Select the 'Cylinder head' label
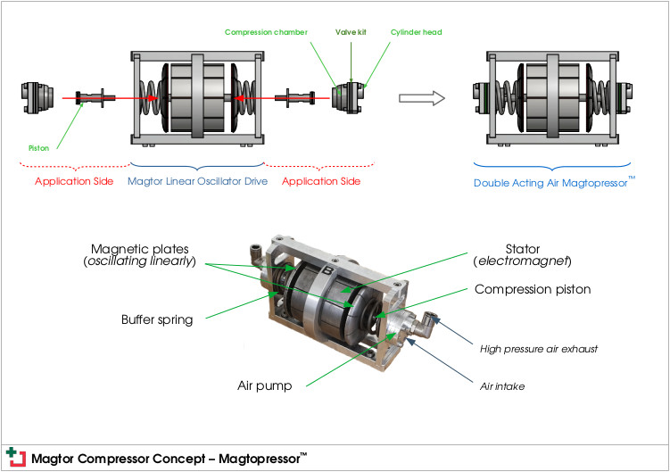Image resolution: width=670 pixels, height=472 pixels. pos(416,33)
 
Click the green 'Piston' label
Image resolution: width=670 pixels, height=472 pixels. pos(36,148)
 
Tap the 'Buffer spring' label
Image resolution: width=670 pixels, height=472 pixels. pos(157,319)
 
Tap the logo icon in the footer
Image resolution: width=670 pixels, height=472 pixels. pos(15,456)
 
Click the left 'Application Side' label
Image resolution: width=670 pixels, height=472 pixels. pos(75,181)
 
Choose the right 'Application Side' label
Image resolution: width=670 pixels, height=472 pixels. pos(321,181)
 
